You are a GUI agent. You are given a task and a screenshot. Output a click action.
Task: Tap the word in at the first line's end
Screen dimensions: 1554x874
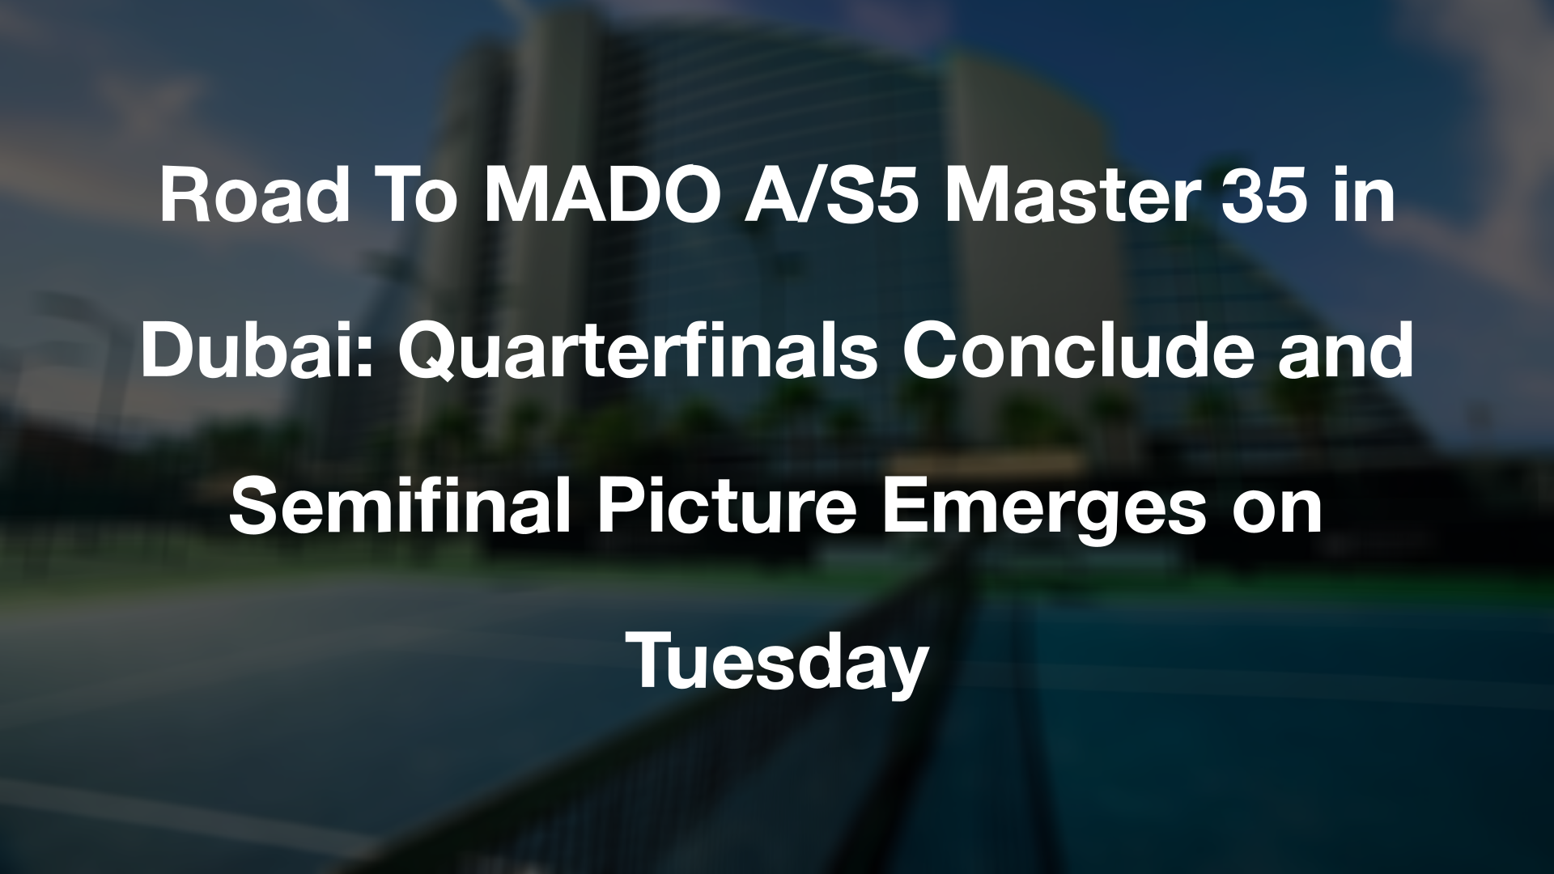(1364, 197)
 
